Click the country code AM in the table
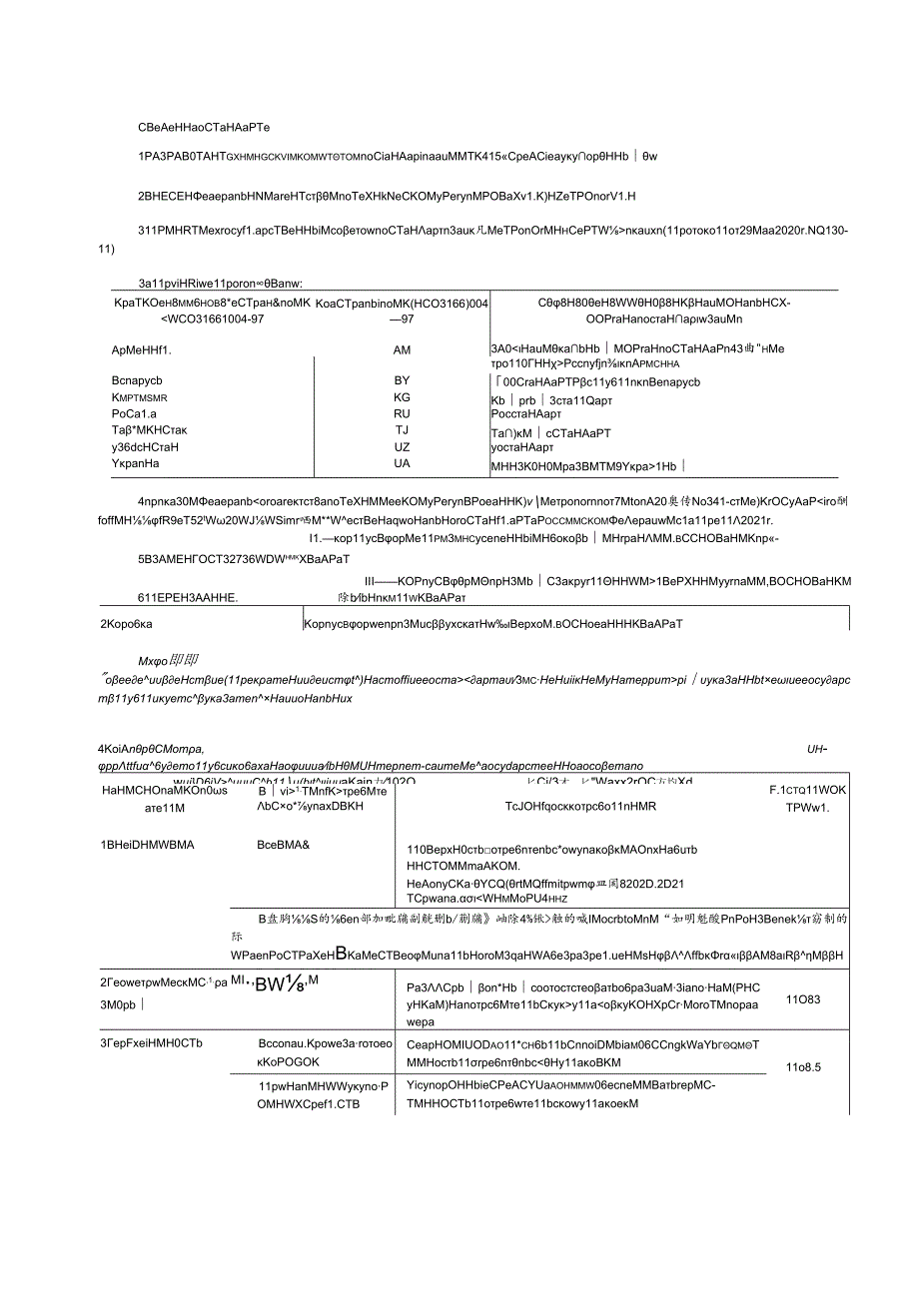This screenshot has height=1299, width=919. [403, 350]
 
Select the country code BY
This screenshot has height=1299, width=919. [403, 381]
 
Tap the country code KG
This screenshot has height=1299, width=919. [403, 397]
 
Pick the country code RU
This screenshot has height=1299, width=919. [403, 413]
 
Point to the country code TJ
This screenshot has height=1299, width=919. [403, 430]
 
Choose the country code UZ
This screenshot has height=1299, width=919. [403, 447]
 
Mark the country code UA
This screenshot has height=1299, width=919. [403, 464]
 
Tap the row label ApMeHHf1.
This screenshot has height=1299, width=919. [142, 350]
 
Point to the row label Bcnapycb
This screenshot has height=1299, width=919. [138, 381]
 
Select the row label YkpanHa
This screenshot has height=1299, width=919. [137, 464]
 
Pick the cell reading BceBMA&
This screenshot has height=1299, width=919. [284, 845]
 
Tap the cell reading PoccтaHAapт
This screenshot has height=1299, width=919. [523, 413]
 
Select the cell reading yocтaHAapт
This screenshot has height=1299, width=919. [522, 447]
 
